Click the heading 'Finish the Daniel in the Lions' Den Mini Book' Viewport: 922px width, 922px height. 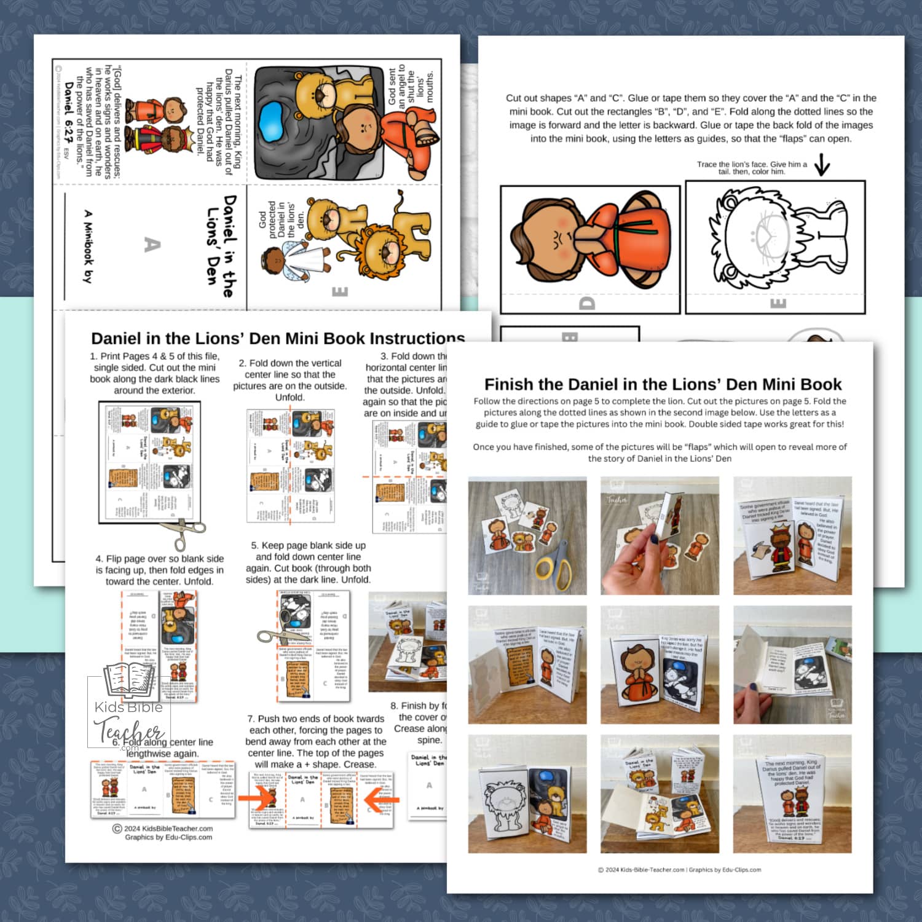coord(663,385)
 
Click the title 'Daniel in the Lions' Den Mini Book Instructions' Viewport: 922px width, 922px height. coord(278,339)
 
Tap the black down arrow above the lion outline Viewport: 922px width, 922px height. coord(822,165)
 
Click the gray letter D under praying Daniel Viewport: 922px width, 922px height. coord(587,303)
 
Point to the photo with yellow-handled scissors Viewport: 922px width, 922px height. coord(527,535)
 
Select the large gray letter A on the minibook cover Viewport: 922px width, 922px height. coord(152,245)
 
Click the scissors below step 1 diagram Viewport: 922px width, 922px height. coord(183,533)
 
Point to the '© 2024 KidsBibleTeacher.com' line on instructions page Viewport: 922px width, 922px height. coord(163,829)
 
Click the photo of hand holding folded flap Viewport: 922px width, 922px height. coord(659,535)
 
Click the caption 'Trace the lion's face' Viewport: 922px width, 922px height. coord(751,168)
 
